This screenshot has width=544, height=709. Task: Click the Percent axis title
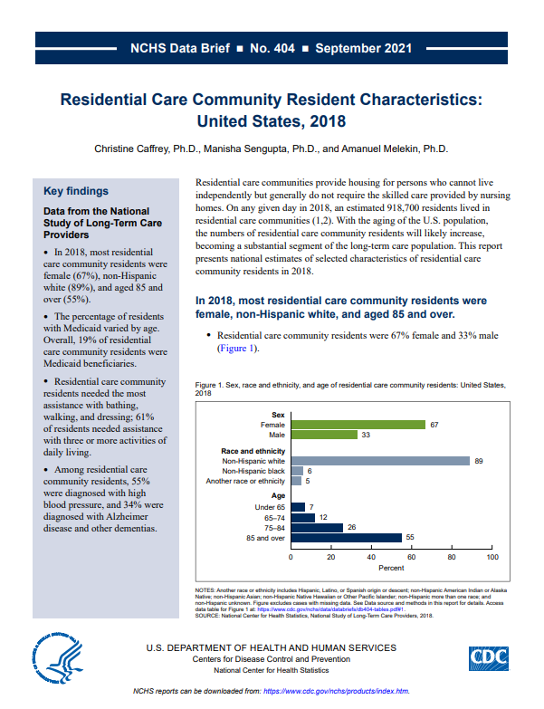392,568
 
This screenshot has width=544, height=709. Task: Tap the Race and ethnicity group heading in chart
253,450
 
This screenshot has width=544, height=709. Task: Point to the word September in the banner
350,48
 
